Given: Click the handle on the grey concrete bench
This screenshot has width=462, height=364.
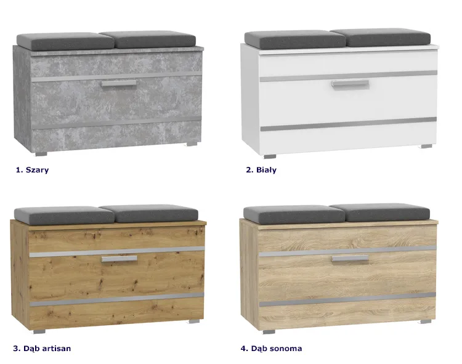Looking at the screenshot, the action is tap(118, 83).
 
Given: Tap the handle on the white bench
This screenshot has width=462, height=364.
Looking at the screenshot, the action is tap(350, 84).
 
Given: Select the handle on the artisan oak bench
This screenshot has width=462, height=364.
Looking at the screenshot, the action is tap(120, 259).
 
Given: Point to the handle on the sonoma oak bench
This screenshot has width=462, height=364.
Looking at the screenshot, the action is tap(350, 259).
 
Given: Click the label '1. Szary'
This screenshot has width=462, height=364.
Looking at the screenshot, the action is tap(32, 170).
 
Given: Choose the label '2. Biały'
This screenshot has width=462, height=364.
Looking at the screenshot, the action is tap(261, 170).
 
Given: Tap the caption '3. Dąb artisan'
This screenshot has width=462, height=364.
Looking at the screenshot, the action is tap(42, 349).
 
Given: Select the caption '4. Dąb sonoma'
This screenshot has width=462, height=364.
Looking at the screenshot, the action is tap(272, 349).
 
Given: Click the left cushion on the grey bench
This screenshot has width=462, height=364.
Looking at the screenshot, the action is tap(65, 41).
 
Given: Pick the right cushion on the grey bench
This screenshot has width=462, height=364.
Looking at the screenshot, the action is tap(148, 39).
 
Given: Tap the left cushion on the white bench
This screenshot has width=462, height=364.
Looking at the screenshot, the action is tap(295, 40).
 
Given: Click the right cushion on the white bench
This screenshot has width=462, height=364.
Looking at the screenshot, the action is tap(380, 38).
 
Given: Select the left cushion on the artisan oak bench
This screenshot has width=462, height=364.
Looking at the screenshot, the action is tap(64, 216).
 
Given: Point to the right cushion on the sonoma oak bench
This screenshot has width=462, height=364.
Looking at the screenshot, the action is tap(379, 212).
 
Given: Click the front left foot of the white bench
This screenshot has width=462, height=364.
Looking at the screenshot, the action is tap(270, 156).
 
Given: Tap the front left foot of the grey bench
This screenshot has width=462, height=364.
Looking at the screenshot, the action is tap(41, 154).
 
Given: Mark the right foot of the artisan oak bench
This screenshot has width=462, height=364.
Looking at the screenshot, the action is tap(193, 322).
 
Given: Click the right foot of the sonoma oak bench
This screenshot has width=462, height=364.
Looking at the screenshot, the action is tap(426, 322).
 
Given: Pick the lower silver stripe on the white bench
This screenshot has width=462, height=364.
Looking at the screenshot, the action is tap(349, 124).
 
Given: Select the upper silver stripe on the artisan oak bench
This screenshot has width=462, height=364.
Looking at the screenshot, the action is tap(117, 252).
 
